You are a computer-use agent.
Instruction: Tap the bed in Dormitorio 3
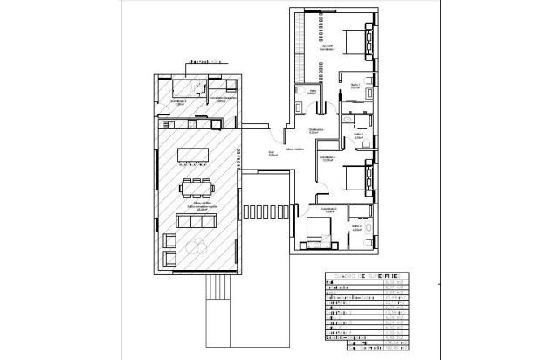[317, 232]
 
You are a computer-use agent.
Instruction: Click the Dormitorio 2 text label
[326, 160]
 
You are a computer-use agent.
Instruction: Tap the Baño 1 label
[355, 86]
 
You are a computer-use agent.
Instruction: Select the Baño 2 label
[357, 135]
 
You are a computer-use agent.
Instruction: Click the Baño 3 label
[357, 226]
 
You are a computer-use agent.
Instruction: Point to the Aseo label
[312, 90]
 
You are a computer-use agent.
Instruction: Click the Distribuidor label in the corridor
[317, 130]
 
